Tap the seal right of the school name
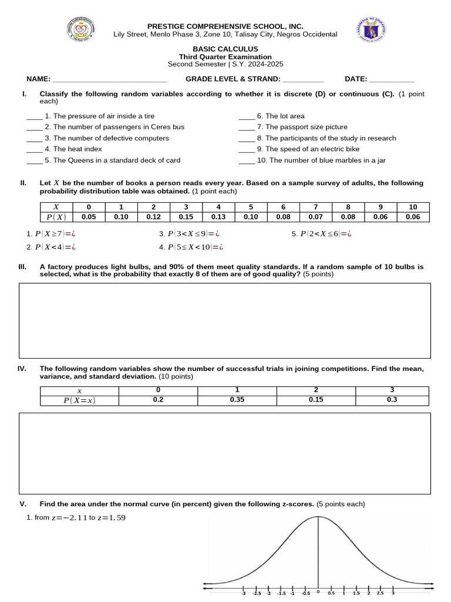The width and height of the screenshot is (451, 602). tap(371, 31)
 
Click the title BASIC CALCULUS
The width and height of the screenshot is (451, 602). tap(225, 49)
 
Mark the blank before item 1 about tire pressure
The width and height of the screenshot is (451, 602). tap(34, 116)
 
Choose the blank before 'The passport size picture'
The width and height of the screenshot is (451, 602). tap(247, 128)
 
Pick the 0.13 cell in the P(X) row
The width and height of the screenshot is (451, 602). tap(218, 217)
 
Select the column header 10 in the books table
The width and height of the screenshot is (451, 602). tap(412, 207)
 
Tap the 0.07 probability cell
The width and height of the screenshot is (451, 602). tap(315, 217)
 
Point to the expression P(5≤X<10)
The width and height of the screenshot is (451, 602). tap(191, 248)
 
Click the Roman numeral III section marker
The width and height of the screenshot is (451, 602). tap(23, 267)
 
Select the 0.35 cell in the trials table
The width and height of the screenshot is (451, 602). tap(237, 400)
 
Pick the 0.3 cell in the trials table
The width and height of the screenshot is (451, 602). tap(392, 400)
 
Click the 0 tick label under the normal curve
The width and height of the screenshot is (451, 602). tap(318, 593)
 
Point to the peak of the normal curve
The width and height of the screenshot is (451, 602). tap(318, 517)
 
